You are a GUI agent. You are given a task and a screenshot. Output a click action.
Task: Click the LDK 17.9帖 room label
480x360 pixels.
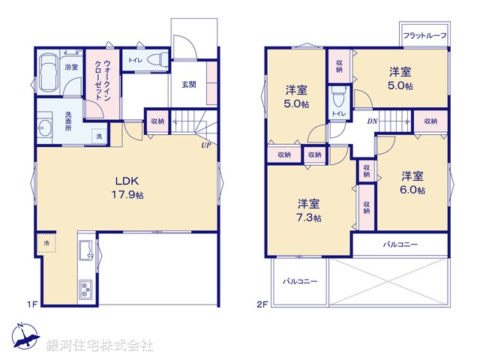[123, 187]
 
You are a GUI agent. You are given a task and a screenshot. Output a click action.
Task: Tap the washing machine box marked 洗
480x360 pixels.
[98, 136]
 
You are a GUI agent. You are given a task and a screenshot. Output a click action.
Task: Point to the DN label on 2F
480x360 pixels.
[372, 121]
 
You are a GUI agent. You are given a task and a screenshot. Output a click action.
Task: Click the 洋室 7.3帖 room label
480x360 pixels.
[308, 210]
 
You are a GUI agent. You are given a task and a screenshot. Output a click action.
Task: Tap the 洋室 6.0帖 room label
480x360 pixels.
[412, 183]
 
